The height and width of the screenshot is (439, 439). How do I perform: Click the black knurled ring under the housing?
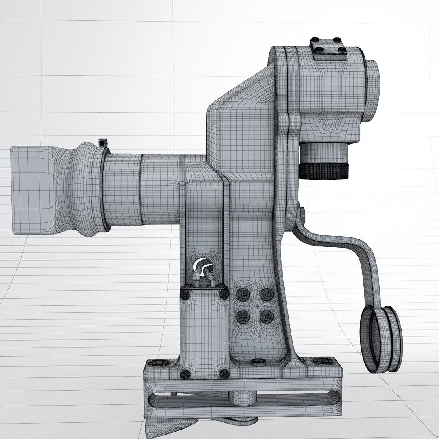[324, 171]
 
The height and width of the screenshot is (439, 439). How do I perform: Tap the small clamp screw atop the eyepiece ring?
[103, 143]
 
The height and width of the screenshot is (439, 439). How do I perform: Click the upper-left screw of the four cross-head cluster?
[243, 295]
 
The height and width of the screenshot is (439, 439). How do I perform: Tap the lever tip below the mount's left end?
[156, 427]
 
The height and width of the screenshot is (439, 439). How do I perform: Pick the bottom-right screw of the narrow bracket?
[223, 374]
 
